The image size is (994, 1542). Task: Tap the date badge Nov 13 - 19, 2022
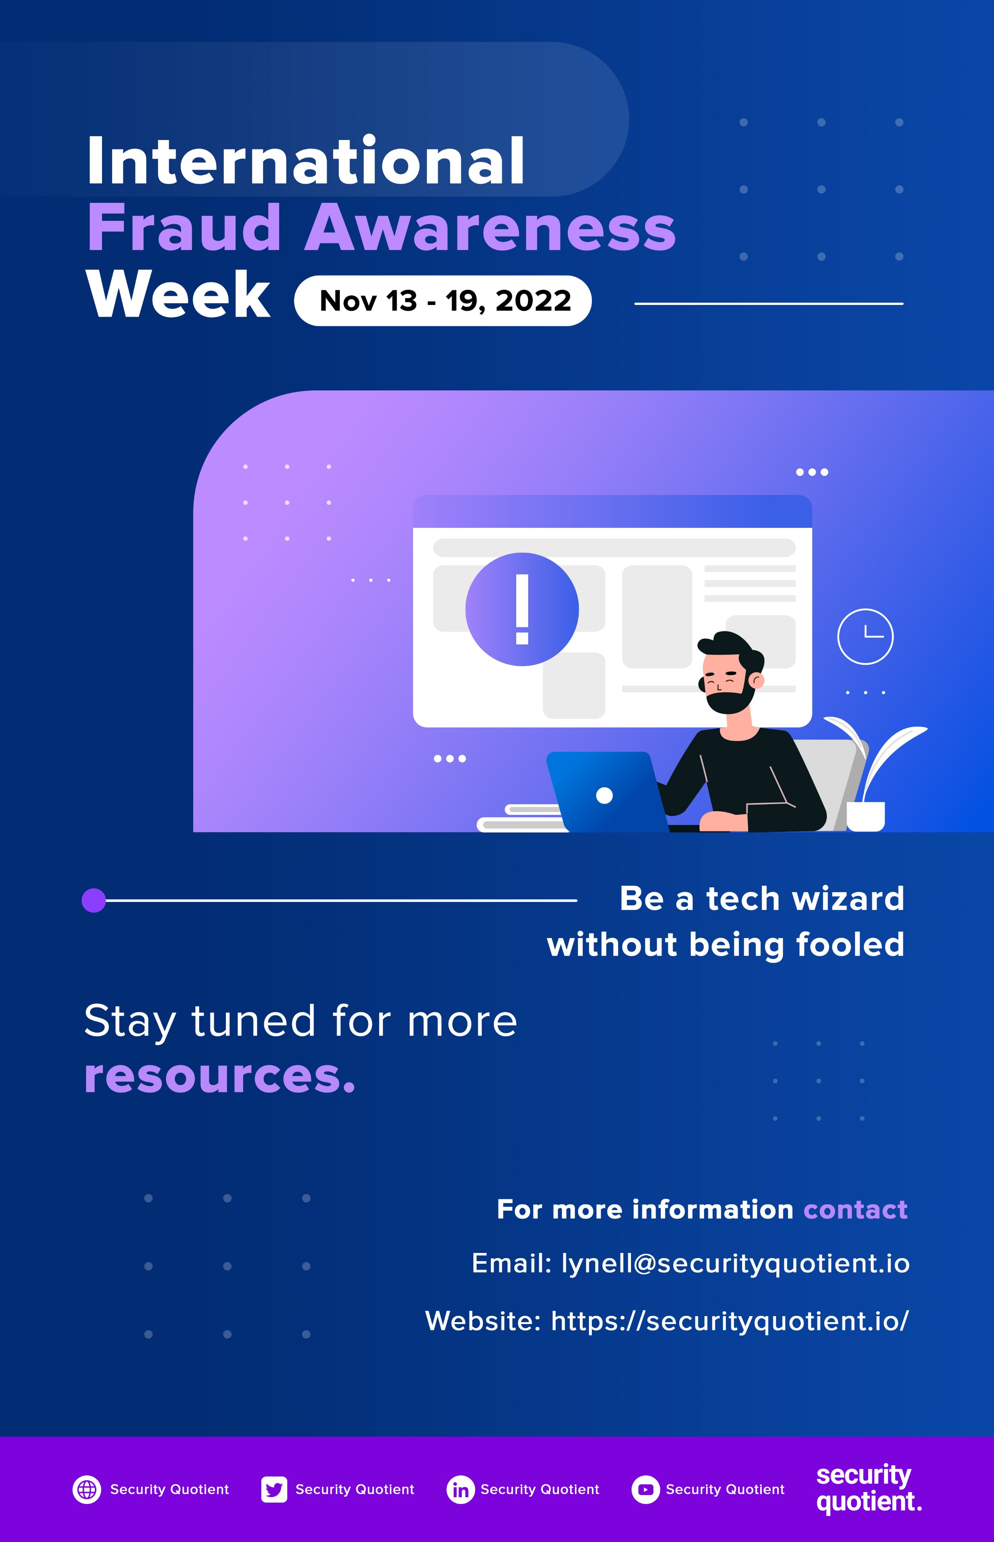point(443,301)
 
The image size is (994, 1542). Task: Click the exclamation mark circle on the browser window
point(522,609)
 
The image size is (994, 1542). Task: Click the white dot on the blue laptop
point(604,795)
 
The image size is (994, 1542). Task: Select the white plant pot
point(866,816)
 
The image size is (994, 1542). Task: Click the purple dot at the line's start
point(94,900)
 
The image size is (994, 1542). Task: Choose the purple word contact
point(855,1209)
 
